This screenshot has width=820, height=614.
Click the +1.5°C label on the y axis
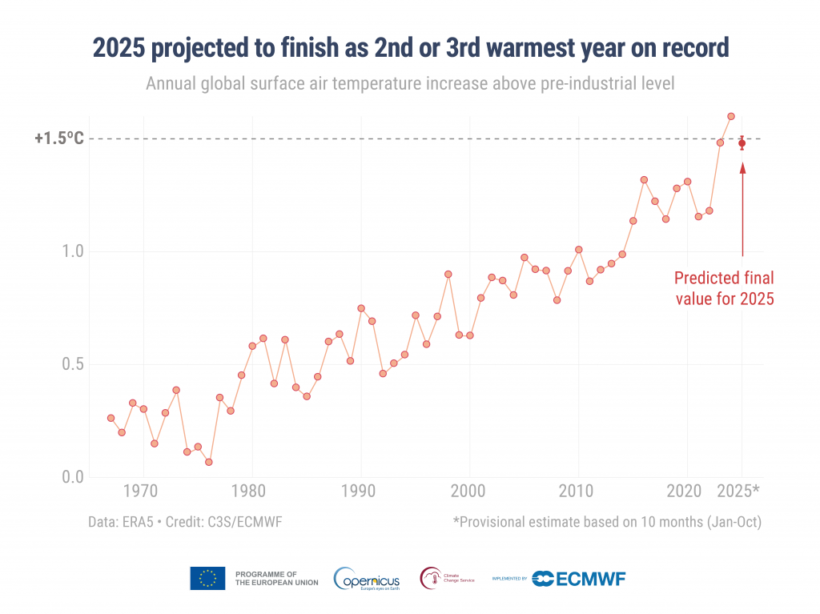[x=58, y=138]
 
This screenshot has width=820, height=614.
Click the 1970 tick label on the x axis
[x=143, y=490]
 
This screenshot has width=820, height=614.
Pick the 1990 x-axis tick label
[x=360, y=490]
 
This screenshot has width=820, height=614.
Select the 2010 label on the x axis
[x=577, y=490]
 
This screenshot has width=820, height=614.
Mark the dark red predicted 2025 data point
[x=742, y=143]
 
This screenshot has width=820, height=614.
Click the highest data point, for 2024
[x=731, y=116]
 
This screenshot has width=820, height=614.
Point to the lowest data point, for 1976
[x=208, y=462]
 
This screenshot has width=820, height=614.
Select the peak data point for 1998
[x=448, y=274]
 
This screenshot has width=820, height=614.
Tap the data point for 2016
[x=644, y=179]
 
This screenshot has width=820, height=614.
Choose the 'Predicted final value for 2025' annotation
[x=723, y=289]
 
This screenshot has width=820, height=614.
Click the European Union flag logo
[x=207, y=578]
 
